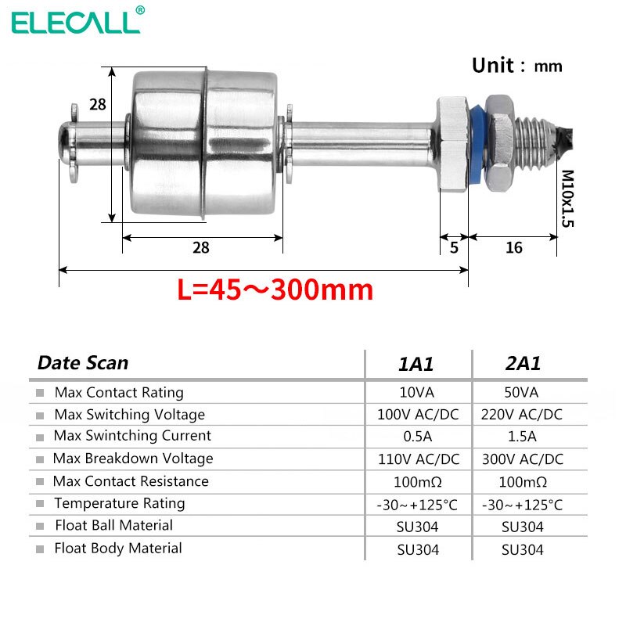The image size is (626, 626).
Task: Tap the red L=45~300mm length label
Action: click(275, 291)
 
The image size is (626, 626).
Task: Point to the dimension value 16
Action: click(513, 247)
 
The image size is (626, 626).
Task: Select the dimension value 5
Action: click(454, 247)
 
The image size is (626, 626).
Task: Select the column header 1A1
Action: click(418, 364)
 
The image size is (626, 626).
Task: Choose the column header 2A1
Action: click(523, 364)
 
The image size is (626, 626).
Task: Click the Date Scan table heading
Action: click(83, 363)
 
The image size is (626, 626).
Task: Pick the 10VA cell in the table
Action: click(418, 392)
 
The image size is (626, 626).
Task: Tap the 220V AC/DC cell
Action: click(523, 414)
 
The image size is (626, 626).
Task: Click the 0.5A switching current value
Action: click(418, 436)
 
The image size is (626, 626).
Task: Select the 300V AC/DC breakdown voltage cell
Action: click(523, 459)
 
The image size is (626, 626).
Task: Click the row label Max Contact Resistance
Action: click(131, 481)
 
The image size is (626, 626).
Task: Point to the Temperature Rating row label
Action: click(120, 503)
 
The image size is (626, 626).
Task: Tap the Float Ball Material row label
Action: click(113, 525)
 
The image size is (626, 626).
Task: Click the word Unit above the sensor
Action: click(493, 66)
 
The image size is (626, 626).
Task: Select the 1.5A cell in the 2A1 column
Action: click(523, 436)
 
